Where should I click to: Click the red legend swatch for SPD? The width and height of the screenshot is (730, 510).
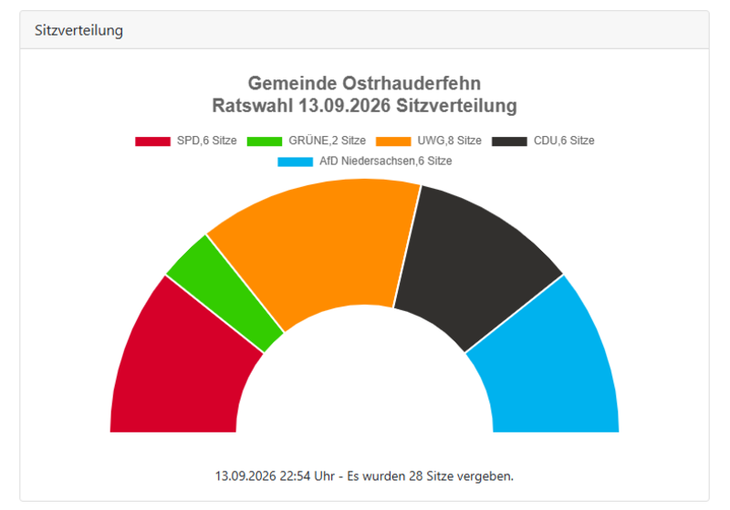point(152,141)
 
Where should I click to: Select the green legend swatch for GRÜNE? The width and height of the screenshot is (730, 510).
point(265,141)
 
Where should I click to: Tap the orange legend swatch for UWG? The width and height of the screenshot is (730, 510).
point(393,141)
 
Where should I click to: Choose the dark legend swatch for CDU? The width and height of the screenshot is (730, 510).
point(509,141)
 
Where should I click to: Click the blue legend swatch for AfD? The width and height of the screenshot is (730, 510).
point(295,161)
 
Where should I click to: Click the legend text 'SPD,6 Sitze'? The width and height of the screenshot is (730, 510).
point(207,141)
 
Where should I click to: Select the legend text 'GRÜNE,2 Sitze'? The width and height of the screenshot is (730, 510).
point(327,141)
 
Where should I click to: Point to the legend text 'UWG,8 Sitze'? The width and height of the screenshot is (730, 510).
point(449,141)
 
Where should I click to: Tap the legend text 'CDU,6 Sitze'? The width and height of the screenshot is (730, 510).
point(564,141)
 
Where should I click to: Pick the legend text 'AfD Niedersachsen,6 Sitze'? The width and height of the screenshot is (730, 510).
point(385,161)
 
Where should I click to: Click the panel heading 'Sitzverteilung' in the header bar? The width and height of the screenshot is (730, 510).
point(78,30)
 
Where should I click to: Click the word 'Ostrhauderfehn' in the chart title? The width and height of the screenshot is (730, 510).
point(412,83)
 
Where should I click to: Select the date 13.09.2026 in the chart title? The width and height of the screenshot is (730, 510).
point(345,106)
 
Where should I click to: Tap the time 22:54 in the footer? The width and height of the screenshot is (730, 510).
point(295,476)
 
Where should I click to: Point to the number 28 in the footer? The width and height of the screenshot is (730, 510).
point(416,476)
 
